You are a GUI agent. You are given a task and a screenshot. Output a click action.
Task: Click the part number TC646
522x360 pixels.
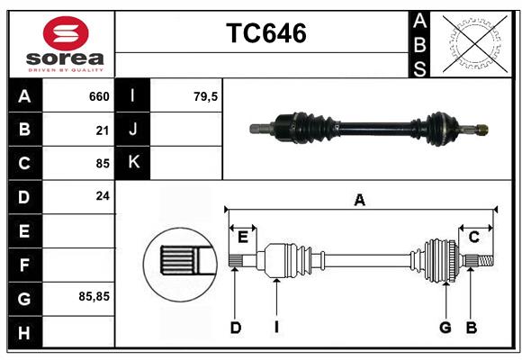tap(265, 33)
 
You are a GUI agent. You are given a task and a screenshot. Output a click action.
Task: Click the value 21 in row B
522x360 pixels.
tap(103, 130)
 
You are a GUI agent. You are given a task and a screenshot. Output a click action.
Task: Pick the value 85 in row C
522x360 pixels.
tap(103, 163)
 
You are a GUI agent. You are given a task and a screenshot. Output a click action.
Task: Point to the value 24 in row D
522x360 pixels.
tap(103, 195)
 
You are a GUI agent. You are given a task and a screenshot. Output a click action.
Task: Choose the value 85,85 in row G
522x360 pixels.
tap(94, 296)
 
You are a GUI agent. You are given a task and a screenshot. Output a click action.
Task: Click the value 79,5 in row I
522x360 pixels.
tap(206, 96)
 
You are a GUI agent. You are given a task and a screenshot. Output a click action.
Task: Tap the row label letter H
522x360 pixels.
tap(24, 333)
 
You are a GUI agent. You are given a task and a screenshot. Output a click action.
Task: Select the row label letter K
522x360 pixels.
tap(133, 163)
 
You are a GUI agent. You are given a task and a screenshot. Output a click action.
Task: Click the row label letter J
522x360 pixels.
tap(133, 130)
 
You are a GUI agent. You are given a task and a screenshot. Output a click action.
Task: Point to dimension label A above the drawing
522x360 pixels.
tap(359, 201)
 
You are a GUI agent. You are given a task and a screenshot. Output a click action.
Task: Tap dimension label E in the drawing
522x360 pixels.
tap(243, 237)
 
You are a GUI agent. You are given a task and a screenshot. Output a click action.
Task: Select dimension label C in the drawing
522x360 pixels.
tap(473, 237)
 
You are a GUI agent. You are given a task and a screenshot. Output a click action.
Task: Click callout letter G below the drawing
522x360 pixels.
tap(445, 328)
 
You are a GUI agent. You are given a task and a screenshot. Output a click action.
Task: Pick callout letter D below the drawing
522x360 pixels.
tap(235, 328)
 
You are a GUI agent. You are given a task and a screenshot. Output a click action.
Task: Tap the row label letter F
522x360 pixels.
tap(24, 265)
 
